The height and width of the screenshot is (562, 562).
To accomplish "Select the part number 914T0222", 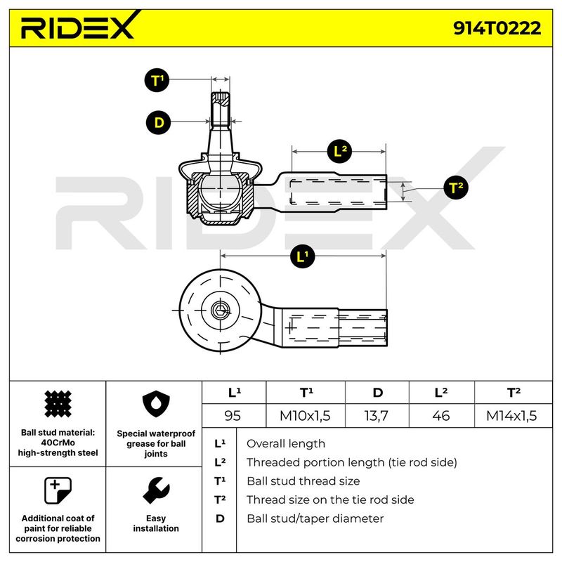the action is (x=497, y=28).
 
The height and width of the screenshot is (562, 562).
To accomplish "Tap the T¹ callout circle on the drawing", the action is (x=157, y=80).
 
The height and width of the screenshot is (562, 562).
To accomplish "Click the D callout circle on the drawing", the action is (x=159, y=122).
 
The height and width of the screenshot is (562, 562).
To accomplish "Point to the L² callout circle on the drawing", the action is (x=340, y=151).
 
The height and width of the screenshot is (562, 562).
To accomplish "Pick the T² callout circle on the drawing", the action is (x=455, y=188).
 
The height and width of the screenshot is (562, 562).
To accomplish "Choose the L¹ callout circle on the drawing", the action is (x=303, y=256).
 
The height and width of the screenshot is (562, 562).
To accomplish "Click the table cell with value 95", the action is (x=233, y=416).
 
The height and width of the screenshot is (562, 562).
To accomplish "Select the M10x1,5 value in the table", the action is (x=305, y=416).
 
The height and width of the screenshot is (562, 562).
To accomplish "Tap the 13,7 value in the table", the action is (x=376, y=416).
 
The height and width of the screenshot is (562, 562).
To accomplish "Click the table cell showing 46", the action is (x=441, y=416).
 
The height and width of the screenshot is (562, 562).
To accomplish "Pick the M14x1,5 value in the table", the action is (x=511, y=416).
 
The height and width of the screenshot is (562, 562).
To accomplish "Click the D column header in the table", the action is (x=377, y=393).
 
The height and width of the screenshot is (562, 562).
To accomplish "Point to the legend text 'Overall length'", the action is (x=286, y=444).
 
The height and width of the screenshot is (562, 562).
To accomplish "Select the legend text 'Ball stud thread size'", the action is (x=303, y=481).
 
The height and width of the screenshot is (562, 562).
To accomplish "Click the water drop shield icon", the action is (x=156, y=404).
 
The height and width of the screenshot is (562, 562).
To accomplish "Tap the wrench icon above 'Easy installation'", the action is (x=156, y=490).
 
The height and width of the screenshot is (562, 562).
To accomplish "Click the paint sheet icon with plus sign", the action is (x=58, y=490).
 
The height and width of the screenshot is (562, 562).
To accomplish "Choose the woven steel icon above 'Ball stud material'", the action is (x=58, y=404).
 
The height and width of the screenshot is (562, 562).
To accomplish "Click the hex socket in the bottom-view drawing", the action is (x=220, y=310).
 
